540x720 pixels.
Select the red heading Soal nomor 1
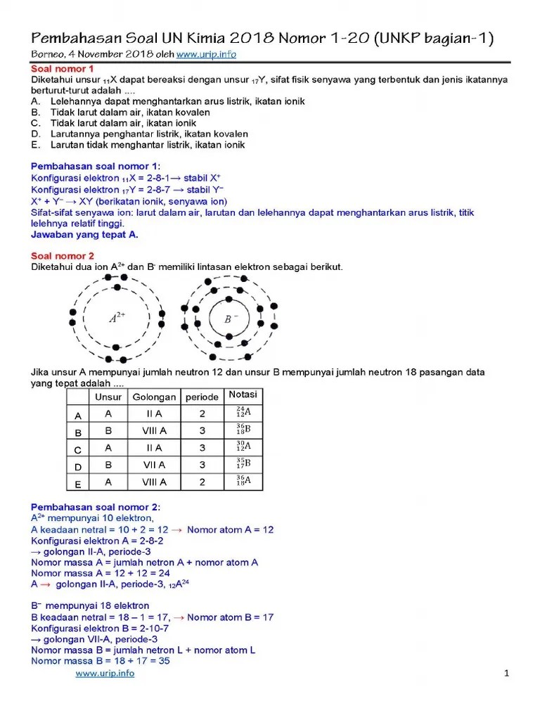(x=62, y=69)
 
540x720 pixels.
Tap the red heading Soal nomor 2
(x=62, y=256)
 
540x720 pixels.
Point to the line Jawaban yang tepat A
(x=84, y=234)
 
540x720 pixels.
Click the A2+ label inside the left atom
(x=116, y=318)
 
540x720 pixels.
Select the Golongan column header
(x=154, y=397)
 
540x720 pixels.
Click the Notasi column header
(x=243, y=394)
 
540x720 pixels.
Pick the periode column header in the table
(x=202, y=397)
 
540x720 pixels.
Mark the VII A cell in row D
(x=154, y=465)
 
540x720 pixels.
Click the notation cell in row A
(x=243, y=413)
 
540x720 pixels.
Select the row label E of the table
(x=78, y=484)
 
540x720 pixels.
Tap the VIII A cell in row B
(x=154, y=430)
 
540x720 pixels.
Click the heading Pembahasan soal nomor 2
(x=96, y=507)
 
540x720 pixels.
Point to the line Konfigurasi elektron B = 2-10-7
(x=100, y=628)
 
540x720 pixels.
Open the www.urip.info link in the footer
(x=105, y=673)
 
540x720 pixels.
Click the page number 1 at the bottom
(x=506, y=674)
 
